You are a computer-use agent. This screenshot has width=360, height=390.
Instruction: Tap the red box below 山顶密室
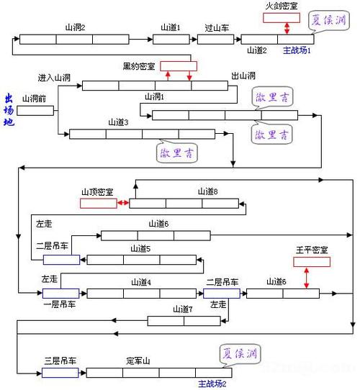click(x=98, y=204)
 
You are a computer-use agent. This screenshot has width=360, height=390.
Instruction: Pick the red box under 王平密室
click(x=312, y=262)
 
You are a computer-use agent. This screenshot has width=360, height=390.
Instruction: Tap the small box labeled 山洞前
click(x=35, y=111)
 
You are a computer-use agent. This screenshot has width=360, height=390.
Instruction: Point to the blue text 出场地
click(x=9, y=109)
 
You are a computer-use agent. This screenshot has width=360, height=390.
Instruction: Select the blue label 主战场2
click(x=212, y=384)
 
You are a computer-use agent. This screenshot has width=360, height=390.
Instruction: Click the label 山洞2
click(x=75, y=27)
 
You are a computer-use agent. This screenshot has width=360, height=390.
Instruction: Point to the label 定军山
click(x=140, y=360)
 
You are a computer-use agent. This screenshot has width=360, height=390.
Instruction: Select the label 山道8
click(x=207, y=191)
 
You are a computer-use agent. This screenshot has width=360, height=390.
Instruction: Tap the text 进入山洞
click(x=53, y=76)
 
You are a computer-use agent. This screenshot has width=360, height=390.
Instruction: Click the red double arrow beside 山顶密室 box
click(x=122, y=204)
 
